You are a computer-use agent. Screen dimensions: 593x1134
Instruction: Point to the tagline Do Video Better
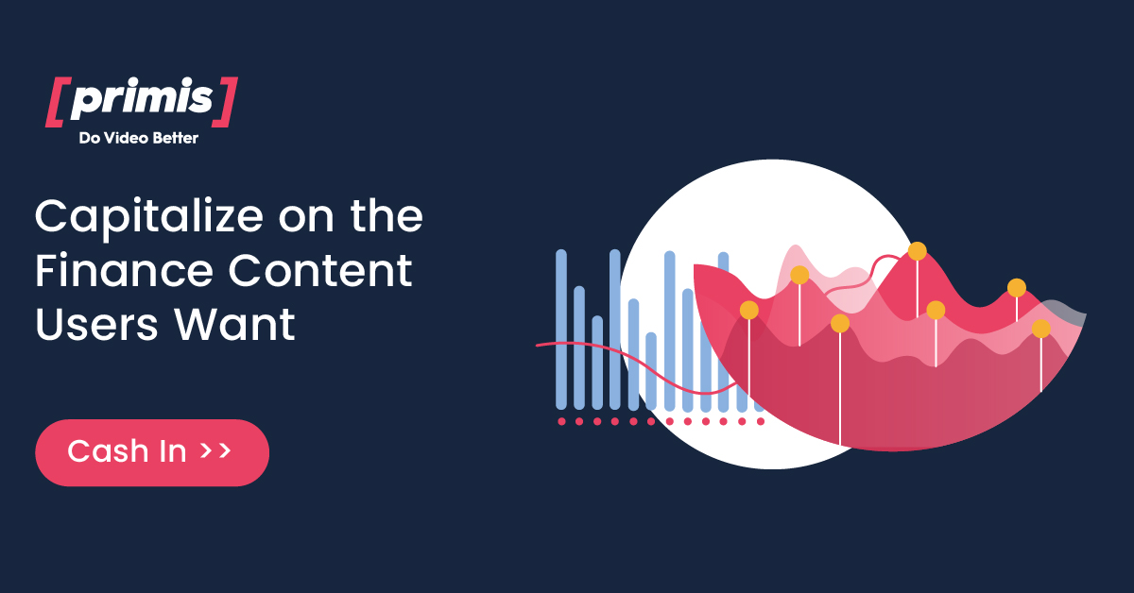138,139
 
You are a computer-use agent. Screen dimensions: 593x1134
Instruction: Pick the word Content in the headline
320,272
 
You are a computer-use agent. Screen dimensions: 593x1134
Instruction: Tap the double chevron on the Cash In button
216,451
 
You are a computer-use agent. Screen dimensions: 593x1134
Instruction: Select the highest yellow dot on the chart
917,251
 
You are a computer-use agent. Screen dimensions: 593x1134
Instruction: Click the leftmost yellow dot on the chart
749,310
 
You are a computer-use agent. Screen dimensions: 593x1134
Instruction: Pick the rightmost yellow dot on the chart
1040,329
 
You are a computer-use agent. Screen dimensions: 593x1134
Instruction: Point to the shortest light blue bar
651,370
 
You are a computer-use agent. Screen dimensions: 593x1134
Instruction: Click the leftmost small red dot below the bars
561,421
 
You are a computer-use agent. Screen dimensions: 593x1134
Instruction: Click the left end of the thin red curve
539,346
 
